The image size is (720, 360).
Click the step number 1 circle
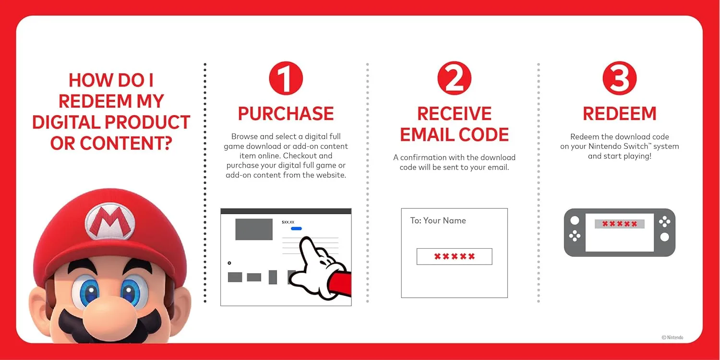click(286, 79)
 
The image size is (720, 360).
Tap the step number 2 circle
click(454, 79)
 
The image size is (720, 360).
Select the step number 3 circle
click(620, 79)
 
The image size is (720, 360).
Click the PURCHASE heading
click(286, 114)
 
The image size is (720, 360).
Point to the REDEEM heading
click(620, 114)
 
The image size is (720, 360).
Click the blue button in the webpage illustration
click(296, 228)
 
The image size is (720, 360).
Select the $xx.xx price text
click(288, 222)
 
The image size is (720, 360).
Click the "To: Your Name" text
click(438, 221)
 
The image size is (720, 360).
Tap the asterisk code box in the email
click(454, 256)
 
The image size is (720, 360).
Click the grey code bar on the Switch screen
click(620, 224)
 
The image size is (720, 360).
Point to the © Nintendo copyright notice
click(672, 337)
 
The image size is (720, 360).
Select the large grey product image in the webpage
click(254, 229)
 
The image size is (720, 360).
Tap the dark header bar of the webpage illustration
click(286, 211)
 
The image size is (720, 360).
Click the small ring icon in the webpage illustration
click(229, 263)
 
